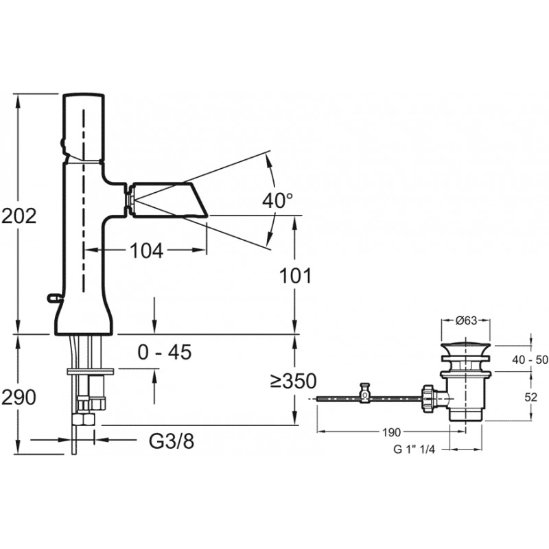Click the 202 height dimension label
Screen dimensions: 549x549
click(19, 215)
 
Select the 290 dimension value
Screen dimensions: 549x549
click(19, 397)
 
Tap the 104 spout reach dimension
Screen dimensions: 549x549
click(146, 250)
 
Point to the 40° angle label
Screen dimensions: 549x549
click(278, 200)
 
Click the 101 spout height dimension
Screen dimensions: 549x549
click(295, 276)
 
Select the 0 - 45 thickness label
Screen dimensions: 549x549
click(165, 352)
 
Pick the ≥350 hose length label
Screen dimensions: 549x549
click(294, 381)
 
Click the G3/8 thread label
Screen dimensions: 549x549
click(171, 441)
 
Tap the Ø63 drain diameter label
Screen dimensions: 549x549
click(466, 320)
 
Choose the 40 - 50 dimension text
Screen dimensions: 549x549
click(530, 360)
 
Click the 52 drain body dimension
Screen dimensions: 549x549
click(530, 397)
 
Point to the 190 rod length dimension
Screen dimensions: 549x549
click(391, 432)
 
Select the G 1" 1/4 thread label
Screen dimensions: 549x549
click(414, 449)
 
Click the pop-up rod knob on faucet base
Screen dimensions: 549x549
click(54, 298)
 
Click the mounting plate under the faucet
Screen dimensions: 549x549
click(91, 371)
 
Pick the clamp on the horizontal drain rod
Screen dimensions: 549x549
click(365, 393)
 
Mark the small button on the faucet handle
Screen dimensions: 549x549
click(63, 143)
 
